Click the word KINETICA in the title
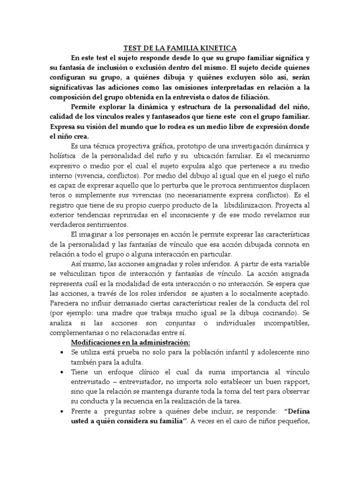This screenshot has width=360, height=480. pos(219,48)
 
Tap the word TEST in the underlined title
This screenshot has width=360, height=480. pos(132,48)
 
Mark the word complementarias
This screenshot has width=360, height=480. pos(74,333)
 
